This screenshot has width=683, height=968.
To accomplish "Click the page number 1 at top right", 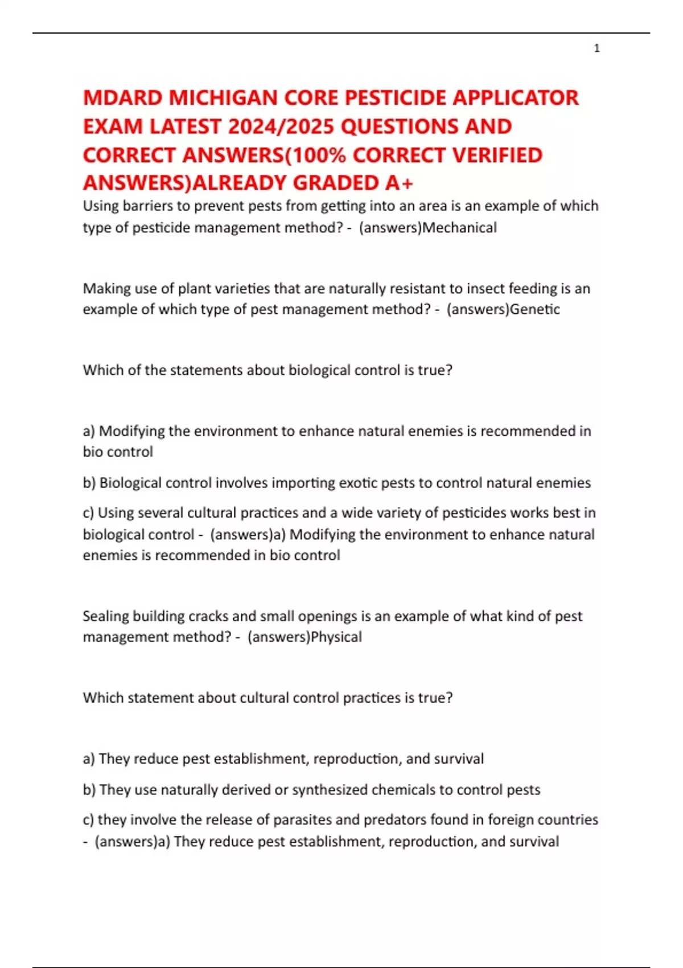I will pyautogui.click(x=596, y=49).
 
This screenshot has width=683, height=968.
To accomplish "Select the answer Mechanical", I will pyautogui.click(x=460, y=228).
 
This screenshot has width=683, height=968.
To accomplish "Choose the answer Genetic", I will pyautogui.click(x=535, y=309).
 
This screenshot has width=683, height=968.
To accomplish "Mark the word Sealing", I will pyautogui.click(x=105, y=616).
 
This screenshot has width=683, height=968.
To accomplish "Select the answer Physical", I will pyautogui.click(x=336, y=637).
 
